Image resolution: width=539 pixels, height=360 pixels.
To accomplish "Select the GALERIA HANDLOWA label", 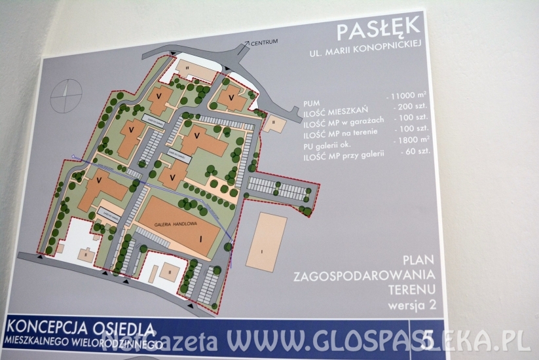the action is pyautogui.click(x=172, y=224).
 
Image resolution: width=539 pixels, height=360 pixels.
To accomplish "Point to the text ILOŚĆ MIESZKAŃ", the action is pyautogui.click(x=335, y=113).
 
